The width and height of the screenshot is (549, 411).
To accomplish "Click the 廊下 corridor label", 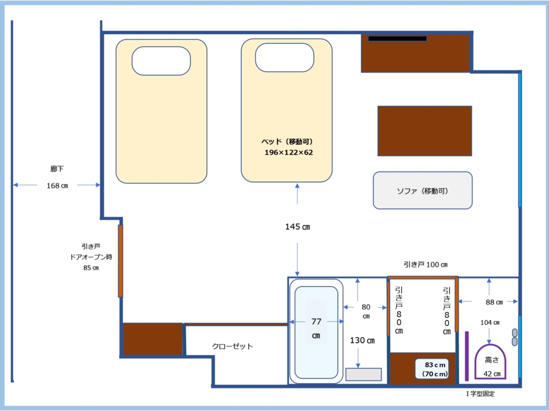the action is pos(57,169).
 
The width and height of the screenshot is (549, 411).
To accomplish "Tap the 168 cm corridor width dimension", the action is pos(57,185).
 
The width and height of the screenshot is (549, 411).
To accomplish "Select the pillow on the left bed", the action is pos(161,61).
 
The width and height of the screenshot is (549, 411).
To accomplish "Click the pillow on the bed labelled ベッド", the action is pos(284,58).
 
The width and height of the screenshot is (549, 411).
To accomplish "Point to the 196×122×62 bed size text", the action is pos(288,152).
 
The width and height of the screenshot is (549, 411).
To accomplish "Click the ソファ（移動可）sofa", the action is pos(422,190).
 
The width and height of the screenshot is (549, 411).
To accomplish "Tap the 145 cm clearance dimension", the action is pos(297,227).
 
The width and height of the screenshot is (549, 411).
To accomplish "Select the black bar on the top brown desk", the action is pos(397,39).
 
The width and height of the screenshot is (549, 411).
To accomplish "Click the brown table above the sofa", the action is pos(425,131).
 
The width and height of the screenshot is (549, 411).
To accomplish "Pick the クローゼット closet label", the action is pos(232,346).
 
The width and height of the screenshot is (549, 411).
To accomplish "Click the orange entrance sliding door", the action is pos(121,261).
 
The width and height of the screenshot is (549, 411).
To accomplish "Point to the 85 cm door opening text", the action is pos(91,268).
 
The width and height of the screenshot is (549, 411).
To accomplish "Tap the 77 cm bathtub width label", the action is pos(316,328).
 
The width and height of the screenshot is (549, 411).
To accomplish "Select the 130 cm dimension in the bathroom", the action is pos(362,340).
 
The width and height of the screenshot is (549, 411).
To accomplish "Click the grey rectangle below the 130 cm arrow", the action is pos(363,374).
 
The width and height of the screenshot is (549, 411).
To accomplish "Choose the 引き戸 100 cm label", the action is pos(425,265).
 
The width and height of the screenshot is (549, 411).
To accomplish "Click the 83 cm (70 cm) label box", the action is pos(434,369).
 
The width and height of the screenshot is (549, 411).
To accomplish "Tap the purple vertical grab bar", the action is pos(467,356).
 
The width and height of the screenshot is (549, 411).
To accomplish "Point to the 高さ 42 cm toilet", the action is pos(490,362).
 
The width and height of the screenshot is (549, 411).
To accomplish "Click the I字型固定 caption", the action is pos(480,394).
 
